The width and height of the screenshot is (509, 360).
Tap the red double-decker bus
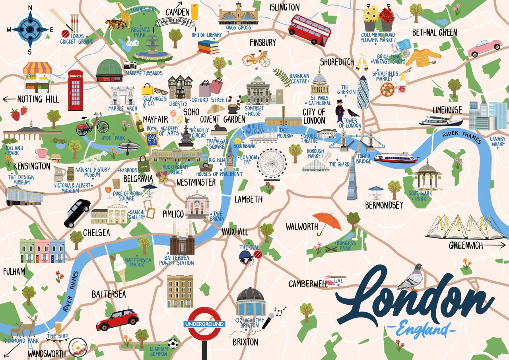pyautogui.click(x=310, y=29)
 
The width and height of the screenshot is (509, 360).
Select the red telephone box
pyautogui.click(x=76, y=90)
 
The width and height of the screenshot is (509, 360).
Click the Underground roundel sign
pyautogui.click(x=204, y=324)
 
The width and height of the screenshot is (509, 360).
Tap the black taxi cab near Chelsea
pyautogui.click(x=78, y=213)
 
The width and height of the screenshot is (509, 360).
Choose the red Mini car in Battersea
pyautogui.click(x=117, y=319)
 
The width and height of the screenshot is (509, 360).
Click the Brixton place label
pyautogui.click(x=245, y=342)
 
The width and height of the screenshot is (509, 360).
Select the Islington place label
pyautogui.click(x=284, y=7)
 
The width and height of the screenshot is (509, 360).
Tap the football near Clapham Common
pyautogui.click(x=173, y=343)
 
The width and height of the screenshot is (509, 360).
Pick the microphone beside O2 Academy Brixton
pyautogui.click(x=269, y=319)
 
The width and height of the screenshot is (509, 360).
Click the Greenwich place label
pyautogui.click(x=466, y=245)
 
